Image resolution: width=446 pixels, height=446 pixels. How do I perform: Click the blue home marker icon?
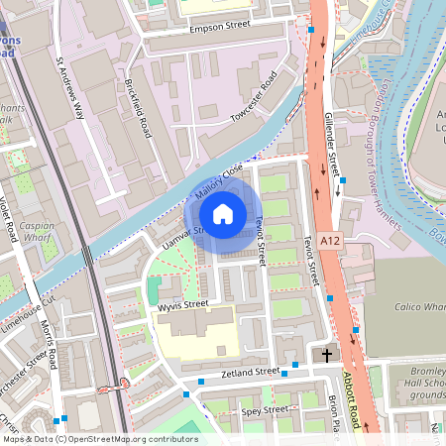[223, 213]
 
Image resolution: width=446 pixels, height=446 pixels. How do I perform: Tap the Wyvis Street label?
[183, 304]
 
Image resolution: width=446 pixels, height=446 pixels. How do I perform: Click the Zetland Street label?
[254, 372]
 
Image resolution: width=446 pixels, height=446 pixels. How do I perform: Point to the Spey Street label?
[265, 409]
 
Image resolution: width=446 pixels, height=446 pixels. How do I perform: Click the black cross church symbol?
[326, 354]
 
